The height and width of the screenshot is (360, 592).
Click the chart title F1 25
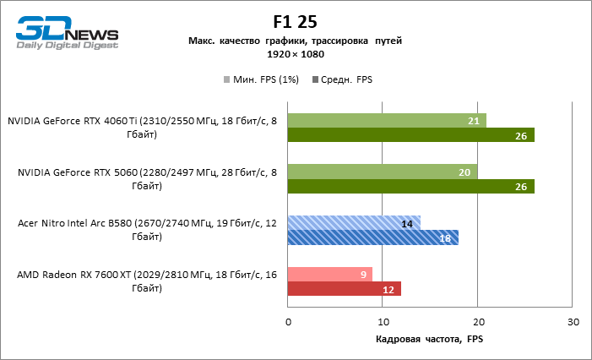[295, 22]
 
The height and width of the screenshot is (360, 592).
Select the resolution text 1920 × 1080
[296, 54]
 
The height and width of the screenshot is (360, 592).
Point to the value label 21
[474, 121]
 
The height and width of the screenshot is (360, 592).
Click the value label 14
[407, 223]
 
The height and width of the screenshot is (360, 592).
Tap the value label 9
[363, 274]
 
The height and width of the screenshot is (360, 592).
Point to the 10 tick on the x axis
[383, 322]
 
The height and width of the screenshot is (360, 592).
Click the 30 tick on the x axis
[573, 322]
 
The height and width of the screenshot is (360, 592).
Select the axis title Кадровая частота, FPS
[430, 339]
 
